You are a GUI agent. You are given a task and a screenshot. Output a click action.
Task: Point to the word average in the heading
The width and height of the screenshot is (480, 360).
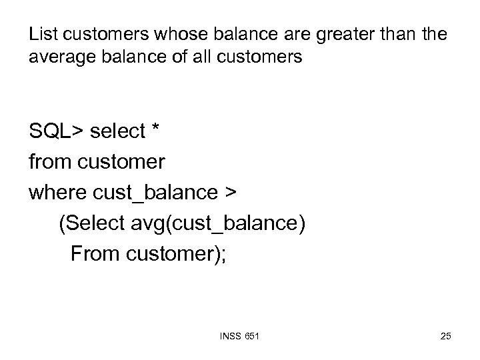(x=57, y=58)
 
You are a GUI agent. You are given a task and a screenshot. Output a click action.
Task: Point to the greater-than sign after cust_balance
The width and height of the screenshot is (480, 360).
(x=230, y=192)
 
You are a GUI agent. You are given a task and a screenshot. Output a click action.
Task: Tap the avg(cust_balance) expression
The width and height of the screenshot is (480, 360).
(x=217, y=223)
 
